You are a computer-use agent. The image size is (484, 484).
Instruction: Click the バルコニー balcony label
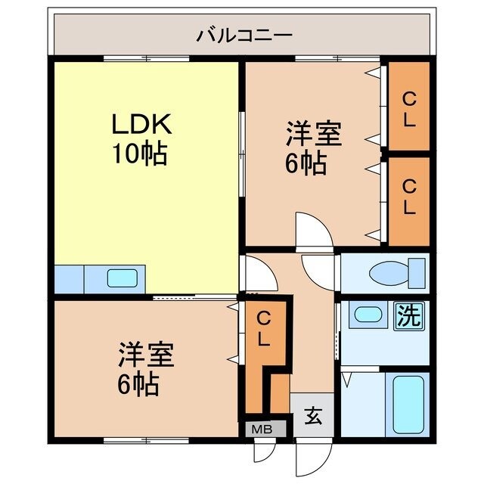click(x=244, y=35)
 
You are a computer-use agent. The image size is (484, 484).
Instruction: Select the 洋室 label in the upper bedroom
click(x=313, y=134)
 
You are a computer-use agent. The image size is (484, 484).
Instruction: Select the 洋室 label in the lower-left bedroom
click(x=146, y=355)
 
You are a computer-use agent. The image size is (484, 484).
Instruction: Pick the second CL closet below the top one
click(x=408, y=197)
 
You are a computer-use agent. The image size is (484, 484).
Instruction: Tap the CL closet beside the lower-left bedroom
click(x=262, y=328)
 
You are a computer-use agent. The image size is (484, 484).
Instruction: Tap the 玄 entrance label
click(x=313, y=414)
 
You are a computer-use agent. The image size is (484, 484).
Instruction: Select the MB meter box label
click(x=262, y=429)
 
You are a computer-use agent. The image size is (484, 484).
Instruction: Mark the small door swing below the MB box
click(x=264, y=451)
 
